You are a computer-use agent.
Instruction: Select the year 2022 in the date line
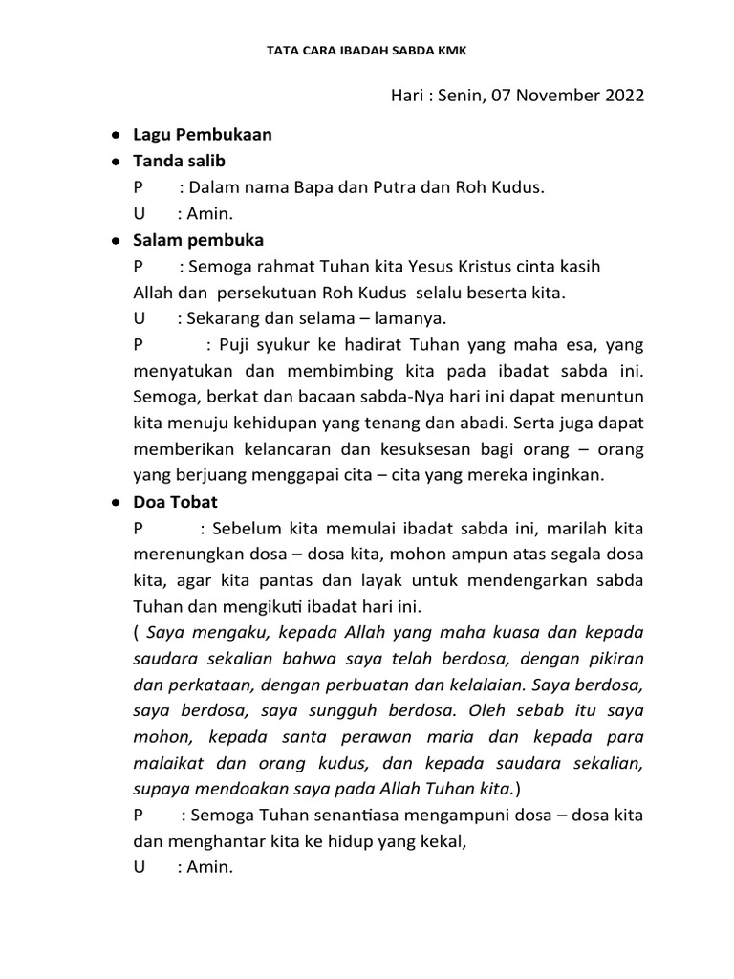pyautogui.click(x=624, y=97)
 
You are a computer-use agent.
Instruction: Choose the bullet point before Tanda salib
pyautogui.click(x=115, y=163)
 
